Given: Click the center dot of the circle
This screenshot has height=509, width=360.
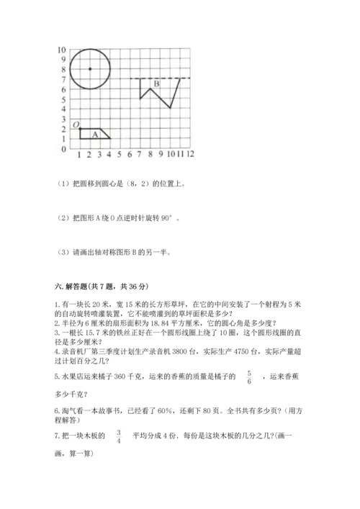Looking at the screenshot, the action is [89, 69].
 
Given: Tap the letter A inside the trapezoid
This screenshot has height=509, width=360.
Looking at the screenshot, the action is [94, 134].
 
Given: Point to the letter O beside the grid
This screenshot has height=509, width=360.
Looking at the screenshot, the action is [74, 124].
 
